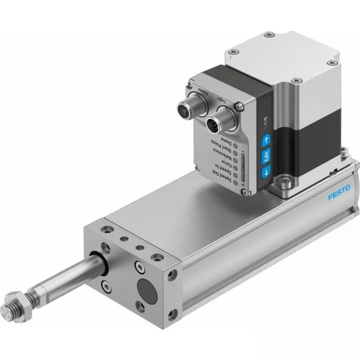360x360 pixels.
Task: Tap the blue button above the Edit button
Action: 266,139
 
